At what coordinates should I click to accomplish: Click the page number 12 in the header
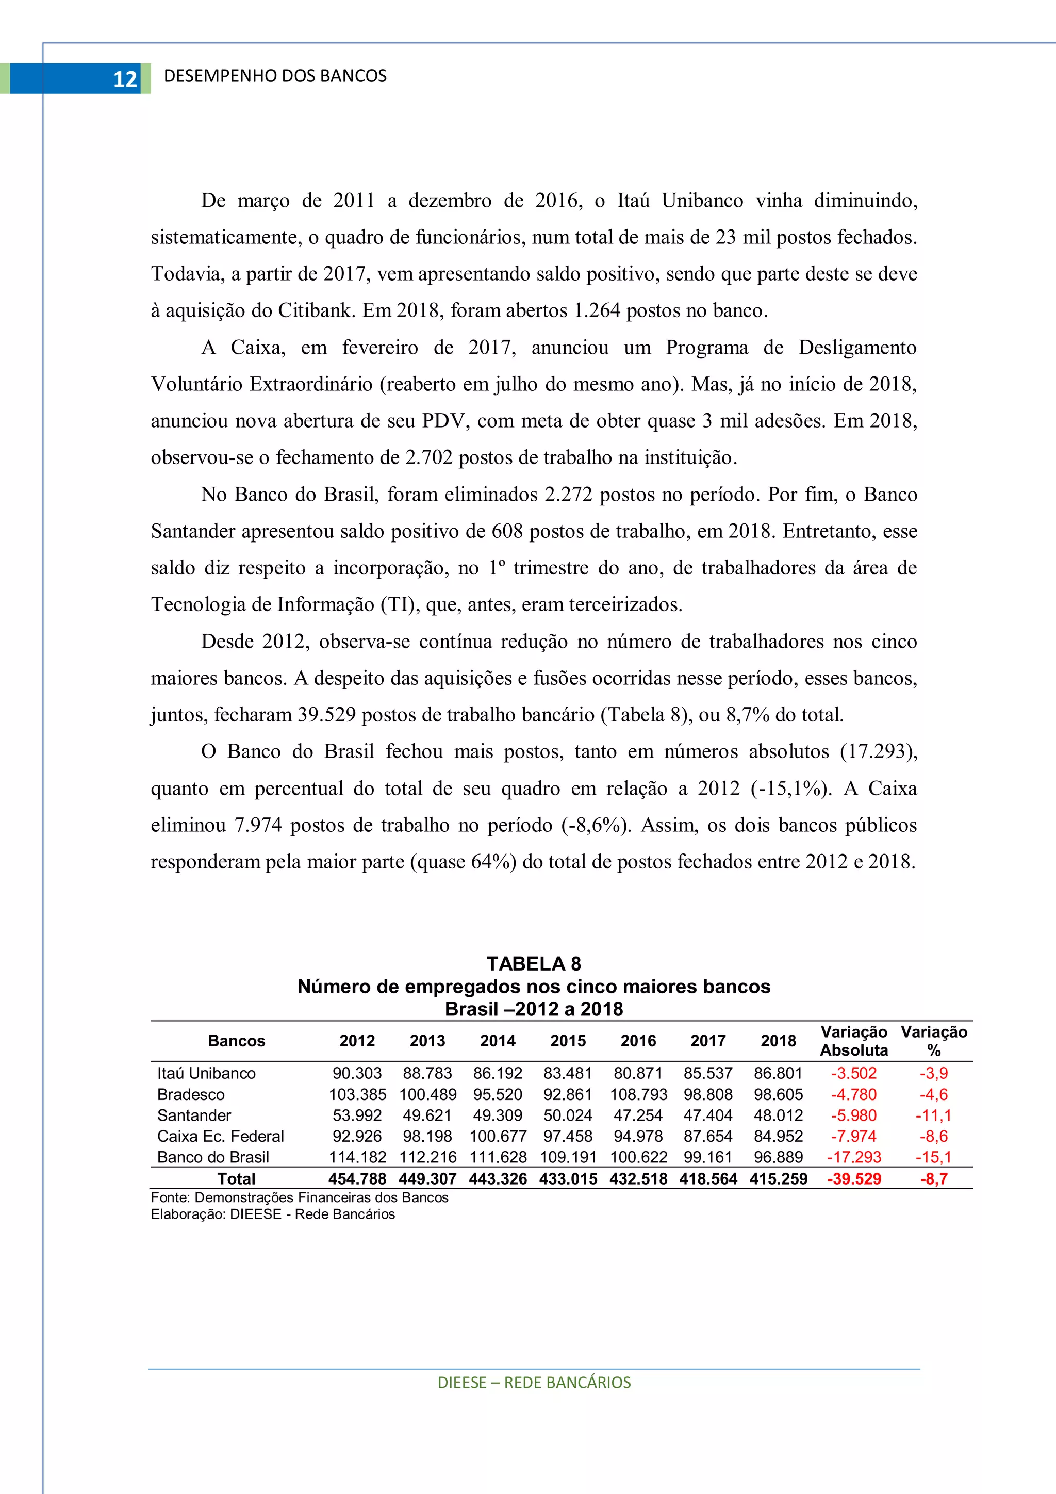click(125, 79)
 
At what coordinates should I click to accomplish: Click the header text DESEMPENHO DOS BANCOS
click(275, 76)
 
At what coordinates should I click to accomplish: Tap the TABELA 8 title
click(534, 964)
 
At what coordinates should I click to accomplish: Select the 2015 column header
click(568, 1041)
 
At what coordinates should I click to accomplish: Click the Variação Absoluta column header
click(854, 1041)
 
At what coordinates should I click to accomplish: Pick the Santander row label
click(194, 1115)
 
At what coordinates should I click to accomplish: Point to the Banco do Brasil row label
click(213, 1157)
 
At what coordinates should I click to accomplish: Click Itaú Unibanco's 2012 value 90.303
click(357, 1073)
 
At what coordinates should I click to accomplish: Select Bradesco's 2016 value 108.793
click(638, 1094)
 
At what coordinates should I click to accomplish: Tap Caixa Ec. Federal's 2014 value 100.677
click(498, 1136)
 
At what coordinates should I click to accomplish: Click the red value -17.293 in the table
click(854, 1157)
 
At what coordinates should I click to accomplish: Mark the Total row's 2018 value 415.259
click(778, 1178)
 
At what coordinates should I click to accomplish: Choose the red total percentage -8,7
click(934, 1178)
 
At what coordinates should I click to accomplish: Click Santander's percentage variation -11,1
click(934, 1115)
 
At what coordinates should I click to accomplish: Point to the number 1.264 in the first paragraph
click(597, 310)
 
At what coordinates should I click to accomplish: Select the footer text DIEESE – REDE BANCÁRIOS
click(534, 1383)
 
